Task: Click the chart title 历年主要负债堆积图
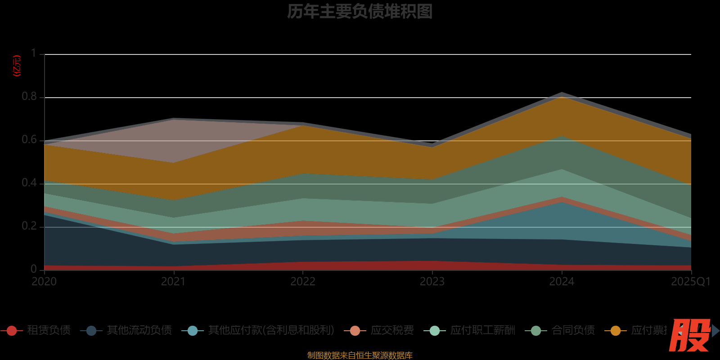(x=360, y=12)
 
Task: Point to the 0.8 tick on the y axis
(x=29, y=97)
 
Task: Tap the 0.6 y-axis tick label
(x=29, y=140)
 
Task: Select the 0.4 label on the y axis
(x=29, y=183)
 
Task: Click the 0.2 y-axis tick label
(x=29, y=226)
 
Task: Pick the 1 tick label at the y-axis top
(x=34, y=54)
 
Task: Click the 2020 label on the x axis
(x=44, y=282)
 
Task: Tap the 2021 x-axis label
(x=173, y=282)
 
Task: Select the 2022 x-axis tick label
(x=303, y=282)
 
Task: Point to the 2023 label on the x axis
(x=432, y=282)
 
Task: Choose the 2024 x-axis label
(x=562, y=282)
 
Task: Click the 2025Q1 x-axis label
(x=690, y=282)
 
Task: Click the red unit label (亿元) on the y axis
(x=17, y=66)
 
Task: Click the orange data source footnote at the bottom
(x=360, y=355)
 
